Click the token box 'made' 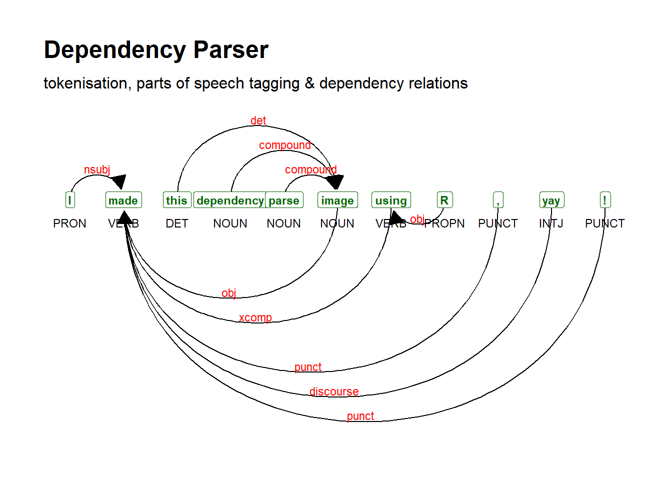click(123, 200)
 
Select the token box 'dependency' click(230, 200)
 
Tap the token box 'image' click(337, 200)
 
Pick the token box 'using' click(391, 200)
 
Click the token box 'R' click(444, 200)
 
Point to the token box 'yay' click(551, 200)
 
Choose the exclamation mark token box click(605, 200)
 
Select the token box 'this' click(176, 200)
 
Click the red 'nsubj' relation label click(97, 169)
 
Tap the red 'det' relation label click(258, 120)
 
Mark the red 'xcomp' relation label click(255, 317)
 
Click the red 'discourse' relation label click(334, 391)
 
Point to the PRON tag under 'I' click(69, 223)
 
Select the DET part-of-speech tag click(177, 223)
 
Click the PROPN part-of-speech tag click(444, 223)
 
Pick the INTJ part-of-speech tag click(551, 223)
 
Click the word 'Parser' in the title click(230, 50)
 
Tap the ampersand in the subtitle click(309, 83)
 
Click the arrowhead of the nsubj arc click(119, 181)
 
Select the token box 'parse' click(284, 200)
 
